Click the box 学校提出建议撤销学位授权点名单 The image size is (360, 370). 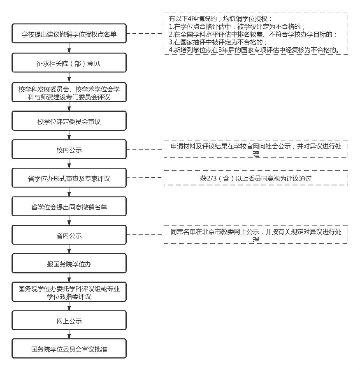pos(69,35)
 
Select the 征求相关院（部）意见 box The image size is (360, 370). pos(69,64)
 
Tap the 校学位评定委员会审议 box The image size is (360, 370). pos(69,122)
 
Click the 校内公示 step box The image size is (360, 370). pos(69,150)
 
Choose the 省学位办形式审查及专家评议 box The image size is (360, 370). pos(69,179)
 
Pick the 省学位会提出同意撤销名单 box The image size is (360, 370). pos(69,207)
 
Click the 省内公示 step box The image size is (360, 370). pos(69,236)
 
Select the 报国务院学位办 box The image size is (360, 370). pos(69,264)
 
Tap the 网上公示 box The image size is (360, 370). pos(69,321)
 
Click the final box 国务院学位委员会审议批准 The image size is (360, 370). pos(69,349)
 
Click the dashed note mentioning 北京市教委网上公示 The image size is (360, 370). pos(255,235)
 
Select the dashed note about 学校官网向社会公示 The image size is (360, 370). pos(255,150)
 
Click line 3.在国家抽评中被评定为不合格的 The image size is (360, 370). pos(218,42)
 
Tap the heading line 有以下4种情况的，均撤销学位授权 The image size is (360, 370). pos(218,19)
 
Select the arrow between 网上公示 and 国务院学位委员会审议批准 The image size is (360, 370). pos(69,335)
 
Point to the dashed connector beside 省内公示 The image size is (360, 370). pos(145,235)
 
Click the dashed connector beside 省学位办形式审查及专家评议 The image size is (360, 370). pos(145,178)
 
